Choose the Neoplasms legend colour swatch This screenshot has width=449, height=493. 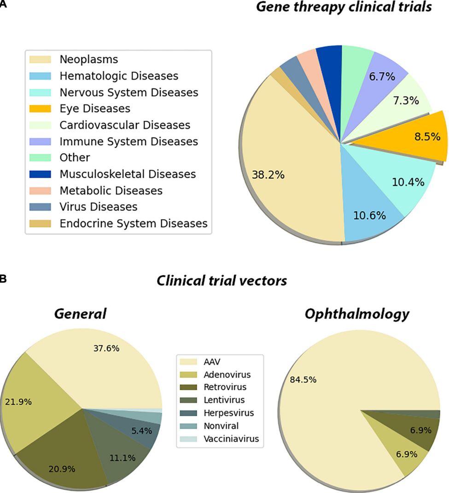40,59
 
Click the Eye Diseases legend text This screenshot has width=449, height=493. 95,109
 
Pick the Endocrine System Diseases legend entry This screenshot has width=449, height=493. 134,224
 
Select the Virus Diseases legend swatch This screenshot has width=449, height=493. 40,207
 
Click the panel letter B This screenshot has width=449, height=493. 3,278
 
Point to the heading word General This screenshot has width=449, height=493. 80,314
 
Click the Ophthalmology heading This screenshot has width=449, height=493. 357,314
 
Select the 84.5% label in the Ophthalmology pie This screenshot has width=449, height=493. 303,380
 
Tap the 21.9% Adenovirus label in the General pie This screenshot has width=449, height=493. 18,402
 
